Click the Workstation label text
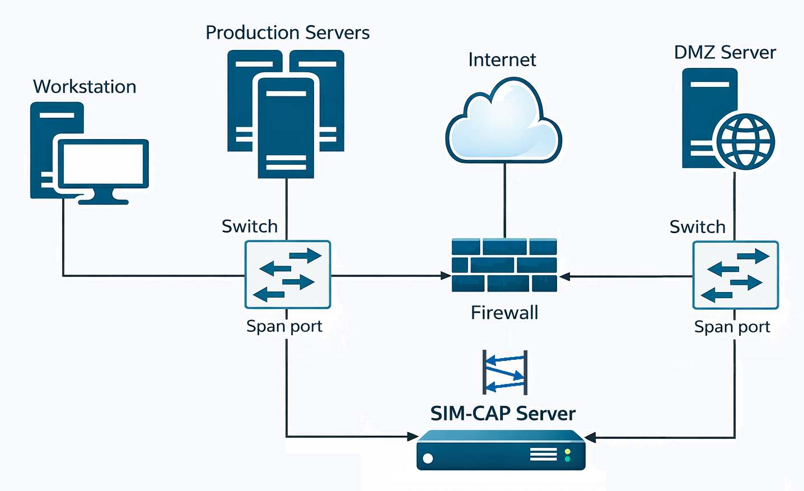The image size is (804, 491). point(85,87)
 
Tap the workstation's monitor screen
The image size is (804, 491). point(104,164)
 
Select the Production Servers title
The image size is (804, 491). point(287,33)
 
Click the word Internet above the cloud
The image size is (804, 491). point(502,59)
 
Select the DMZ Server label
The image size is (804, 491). point(725,53)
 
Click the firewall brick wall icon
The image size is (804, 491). point(504,265)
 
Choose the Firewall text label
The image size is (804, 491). point(504,313)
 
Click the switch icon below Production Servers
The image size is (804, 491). point(288,275)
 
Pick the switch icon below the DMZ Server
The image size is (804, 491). point(736,275)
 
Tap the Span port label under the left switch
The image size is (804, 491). point(284,326)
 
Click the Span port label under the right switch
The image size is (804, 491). point(732,327)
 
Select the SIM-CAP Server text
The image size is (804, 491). point(503,414)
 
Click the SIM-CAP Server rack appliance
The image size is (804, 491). point(501,450)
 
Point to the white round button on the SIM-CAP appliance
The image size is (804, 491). point(428,458)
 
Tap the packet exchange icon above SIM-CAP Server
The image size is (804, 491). point(505,372)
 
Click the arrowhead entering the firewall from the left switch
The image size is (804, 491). point(446,276)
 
